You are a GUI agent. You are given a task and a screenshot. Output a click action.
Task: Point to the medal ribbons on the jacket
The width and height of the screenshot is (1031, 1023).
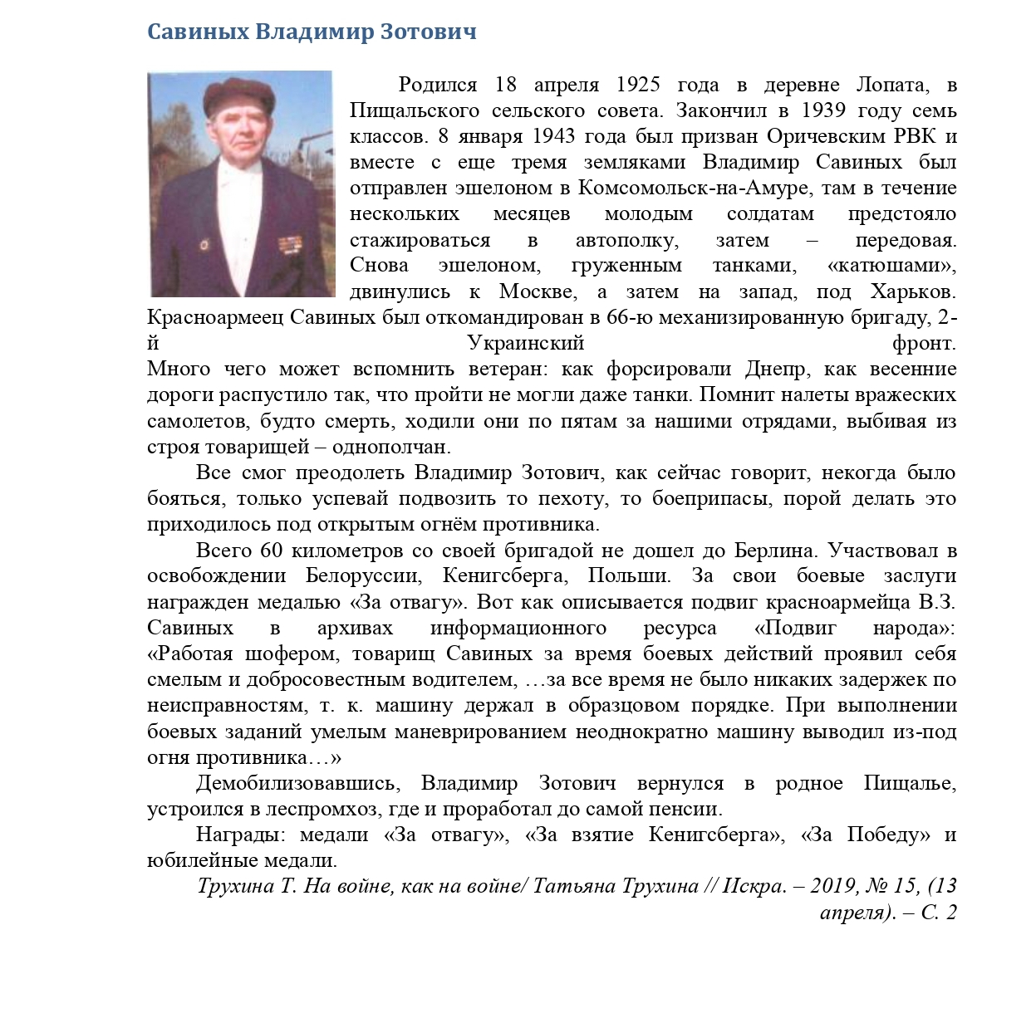click(x=289, y=246)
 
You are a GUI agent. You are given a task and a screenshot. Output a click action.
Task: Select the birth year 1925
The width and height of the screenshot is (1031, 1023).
click(x=638, y=85)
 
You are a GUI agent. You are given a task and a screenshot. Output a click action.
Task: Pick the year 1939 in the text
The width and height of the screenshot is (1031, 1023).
click(x=823, y=110)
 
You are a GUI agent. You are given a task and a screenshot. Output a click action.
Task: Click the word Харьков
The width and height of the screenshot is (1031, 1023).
click(x=913, y=291)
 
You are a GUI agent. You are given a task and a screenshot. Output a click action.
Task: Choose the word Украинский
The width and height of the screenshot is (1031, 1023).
click(x=526, y=343)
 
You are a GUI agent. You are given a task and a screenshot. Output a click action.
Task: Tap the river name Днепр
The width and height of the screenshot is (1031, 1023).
click(x=773, y=369)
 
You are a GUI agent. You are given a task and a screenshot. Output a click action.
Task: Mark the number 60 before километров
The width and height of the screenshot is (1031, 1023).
click(x=272, y=550)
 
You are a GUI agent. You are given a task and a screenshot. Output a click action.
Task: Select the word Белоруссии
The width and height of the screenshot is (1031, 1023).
click(x=363, y=575)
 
